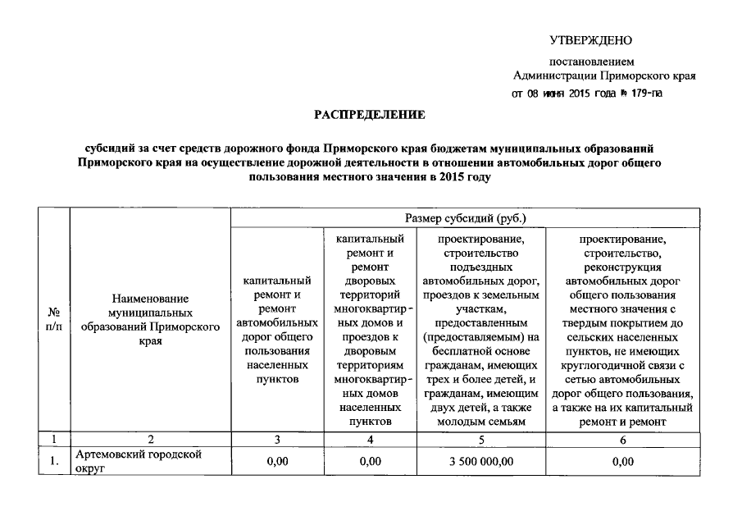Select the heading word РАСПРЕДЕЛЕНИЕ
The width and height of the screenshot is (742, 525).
(371, 116)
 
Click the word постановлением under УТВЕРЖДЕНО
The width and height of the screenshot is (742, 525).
(591, 62)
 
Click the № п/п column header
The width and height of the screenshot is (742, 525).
(54, 319)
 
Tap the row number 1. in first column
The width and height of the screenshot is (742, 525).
(54, 462)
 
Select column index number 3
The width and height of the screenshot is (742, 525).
(277, 441)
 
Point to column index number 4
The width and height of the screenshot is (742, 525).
(370, 441)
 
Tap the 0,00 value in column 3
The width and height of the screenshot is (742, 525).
(277, 462)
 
